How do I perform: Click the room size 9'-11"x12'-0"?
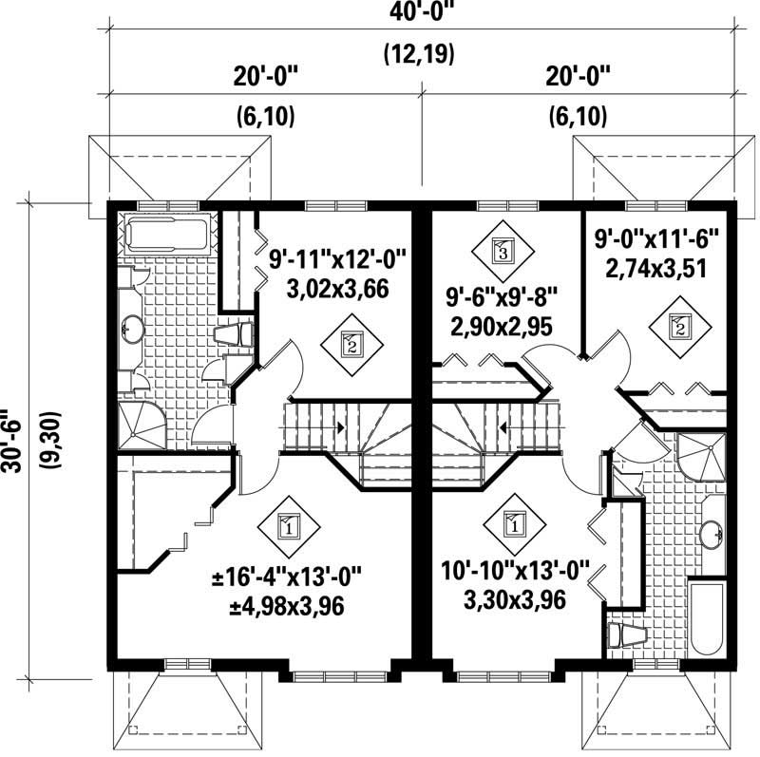337,256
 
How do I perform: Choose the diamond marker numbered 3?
502,252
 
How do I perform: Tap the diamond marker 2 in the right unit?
680,329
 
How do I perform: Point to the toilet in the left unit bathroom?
235,334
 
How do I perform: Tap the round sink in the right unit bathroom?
711,535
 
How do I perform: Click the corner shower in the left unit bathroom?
141,425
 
